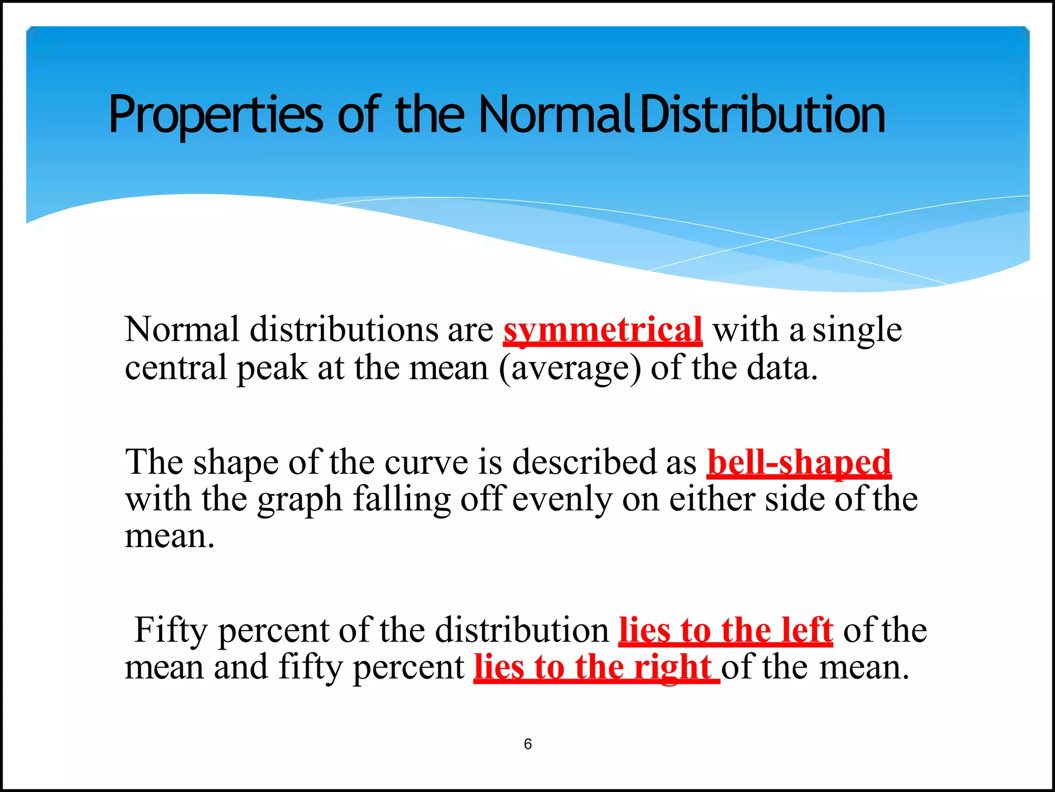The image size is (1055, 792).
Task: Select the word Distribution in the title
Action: [x=762, y=114]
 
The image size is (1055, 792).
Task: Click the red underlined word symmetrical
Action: [x=603, y=330]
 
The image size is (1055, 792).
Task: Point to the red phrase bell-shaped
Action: [x=799, y=462]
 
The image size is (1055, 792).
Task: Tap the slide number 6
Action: [x=527, y=744]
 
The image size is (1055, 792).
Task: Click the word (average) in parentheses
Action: [x=570, y=368]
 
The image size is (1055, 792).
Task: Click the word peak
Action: [x=271, y=368]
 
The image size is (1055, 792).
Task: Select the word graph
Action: [x=300, y=500]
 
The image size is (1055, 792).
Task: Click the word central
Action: [x=176, y=368]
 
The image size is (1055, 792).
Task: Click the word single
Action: [x=857, y=330]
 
